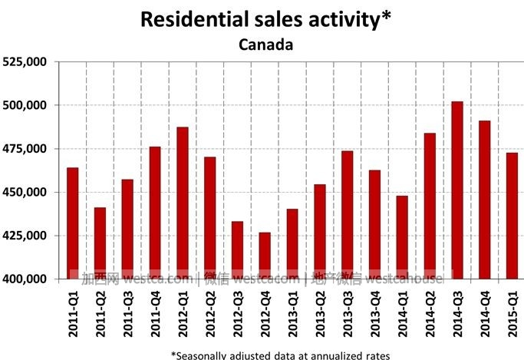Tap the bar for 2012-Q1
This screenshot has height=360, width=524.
coord(183,203)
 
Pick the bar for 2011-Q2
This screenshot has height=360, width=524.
coord(100,243)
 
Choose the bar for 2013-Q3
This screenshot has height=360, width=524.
coord(348,214)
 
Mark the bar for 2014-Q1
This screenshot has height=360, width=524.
coord(402,237)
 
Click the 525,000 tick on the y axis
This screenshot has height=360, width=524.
coord(25,61)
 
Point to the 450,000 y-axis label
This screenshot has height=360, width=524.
coord(25,192)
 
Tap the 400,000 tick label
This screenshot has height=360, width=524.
coord(25,279)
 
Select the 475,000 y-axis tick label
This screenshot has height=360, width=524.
coord(25,148)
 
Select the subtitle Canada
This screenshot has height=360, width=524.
coord(265,44)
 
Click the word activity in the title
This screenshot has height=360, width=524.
coord(344,19)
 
